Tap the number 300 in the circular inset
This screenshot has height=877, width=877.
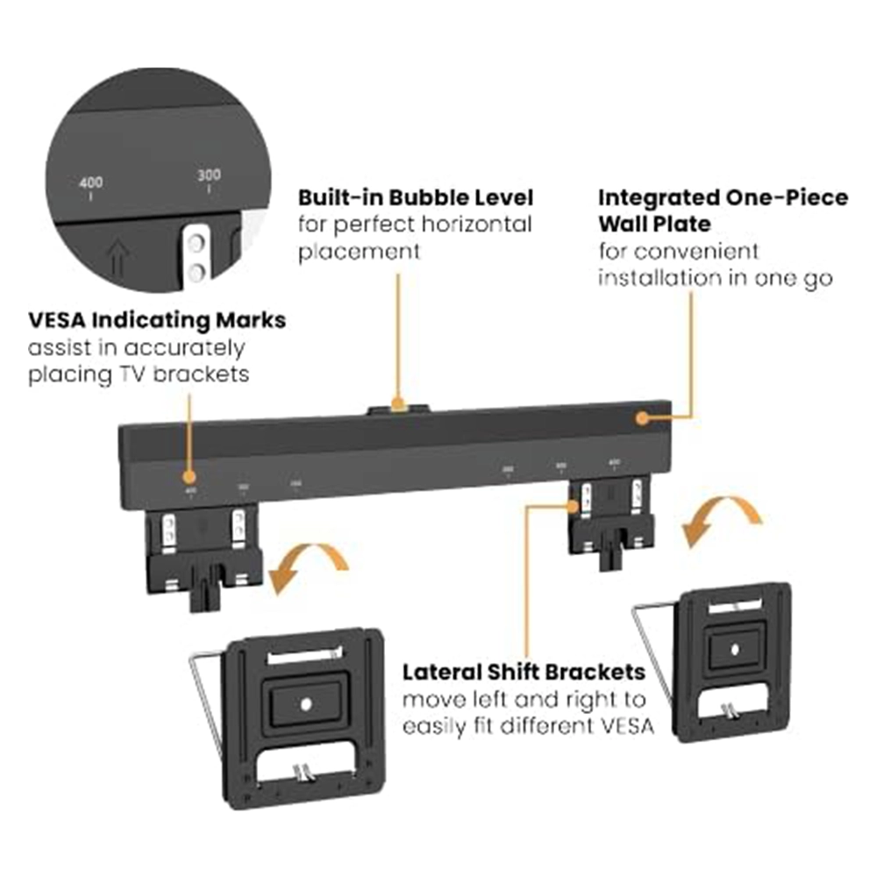[x=210, y=175]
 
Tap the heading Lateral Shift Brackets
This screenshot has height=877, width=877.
[x=524, y=673]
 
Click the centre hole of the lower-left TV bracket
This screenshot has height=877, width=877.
[x=305, y=703]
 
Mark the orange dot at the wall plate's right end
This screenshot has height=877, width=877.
[x=643, y=418]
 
